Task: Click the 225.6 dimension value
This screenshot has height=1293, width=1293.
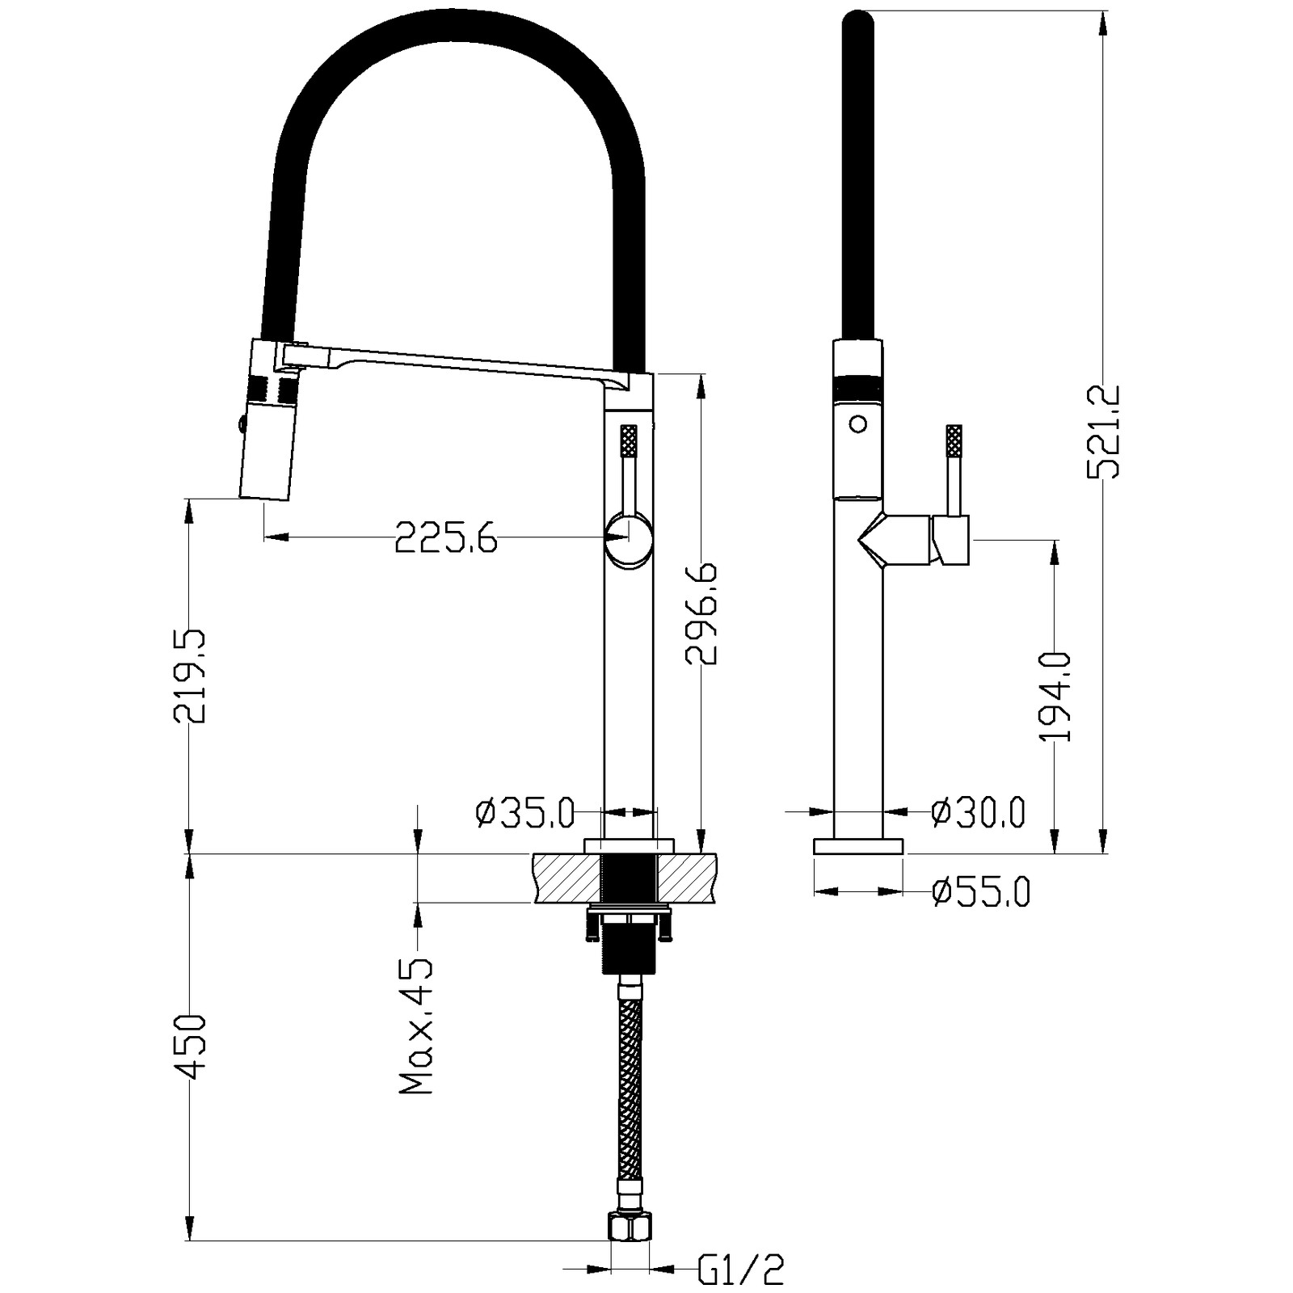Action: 446,537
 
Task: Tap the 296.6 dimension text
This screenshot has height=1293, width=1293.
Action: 701,614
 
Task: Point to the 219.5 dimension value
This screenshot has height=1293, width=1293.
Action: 189,676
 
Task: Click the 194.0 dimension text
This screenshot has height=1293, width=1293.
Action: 1055,697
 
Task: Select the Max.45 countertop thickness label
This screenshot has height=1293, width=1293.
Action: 417,1026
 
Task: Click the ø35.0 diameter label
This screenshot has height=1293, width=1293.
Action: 525,813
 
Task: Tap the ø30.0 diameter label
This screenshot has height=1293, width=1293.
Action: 978,812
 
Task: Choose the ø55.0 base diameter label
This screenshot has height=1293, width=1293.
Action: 981,892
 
